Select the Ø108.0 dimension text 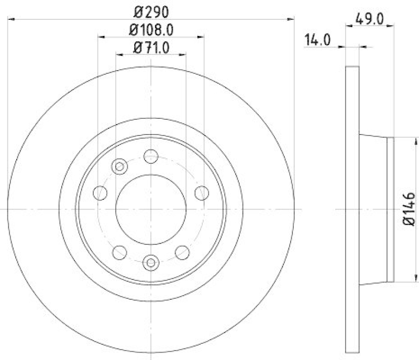click(x=151, y=30)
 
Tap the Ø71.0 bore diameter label click(x=151, y=48)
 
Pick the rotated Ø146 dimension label click(x=409, y=209)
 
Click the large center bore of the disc click(x=151, y=209)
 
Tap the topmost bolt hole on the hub click(x=151, y=156)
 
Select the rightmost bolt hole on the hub click(x=202, y=193)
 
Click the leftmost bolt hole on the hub click(x=100, y=193)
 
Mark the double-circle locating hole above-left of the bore click(x=120, y=166)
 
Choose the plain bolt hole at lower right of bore click(x=182, y=252)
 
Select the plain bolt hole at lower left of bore click(x=119, y=252)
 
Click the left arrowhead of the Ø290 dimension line click(x=12, y=19)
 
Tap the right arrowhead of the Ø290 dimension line click(x=291, y=19)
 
